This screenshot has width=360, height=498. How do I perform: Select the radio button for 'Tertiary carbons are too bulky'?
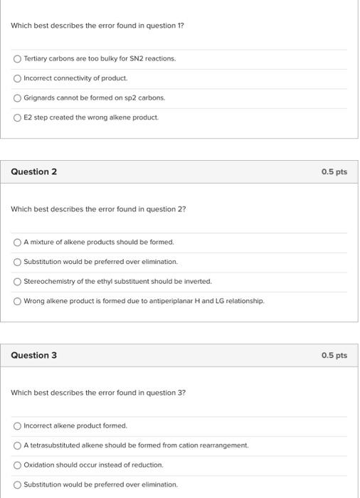[x=17, y=58]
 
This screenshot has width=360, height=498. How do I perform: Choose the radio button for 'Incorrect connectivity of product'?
[x=17, y=78]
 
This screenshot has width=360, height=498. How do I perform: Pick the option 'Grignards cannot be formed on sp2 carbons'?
[x=17, y=97]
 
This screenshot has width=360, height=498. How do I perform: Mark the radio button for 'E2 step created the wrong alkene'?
[x=17, y=117]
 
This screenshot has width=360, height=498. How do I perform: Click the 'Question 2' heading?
[x=34, y=171]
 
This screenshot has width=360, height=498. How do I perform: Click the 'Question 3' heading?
[x=34, y=355]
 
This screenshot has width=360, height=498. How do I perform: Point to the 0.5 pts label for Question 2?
[x=334, y=171]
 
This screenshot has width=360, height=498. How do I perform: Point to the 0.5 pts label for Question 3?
[x=334, y=355]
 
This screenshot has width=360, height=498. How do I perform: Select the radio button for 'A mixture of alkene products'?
[x=17, y=242]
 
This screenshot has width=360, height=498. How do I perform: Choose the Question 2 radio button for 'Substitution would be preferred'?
[x=17, y=262]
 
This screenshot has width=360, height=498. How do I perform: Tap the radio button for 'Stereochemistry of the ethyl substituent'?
[x=17, y=281]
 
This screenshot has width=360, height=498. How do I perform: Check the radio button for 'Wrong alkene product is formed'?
[x=17, y=301]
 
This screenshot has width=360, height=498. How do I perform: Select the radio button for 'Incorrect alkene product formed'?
[x=17, y=425]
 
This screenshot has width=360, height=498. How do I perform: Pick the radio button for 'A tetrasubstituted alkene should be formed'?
[x=17, y=445]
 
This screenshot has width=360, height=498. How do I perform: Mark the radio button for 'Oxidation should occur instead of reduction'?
[x=17, y=465]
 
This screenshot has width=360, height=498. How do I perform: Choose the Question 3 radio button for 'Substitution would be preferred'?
[x=17, y=484]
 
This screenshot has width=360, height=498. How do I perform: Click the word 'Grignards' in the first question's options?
[x=39, y=97]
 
